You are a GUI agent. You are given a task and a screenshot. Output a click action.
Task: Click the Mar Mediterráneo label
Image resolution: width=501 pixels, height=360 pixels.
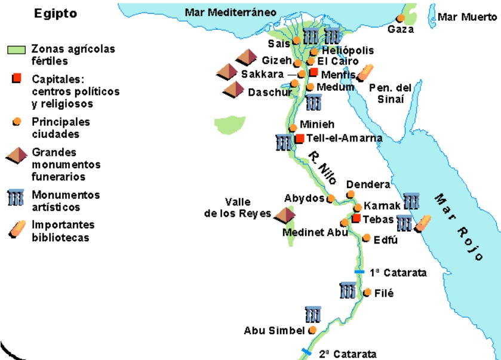click(230, 12)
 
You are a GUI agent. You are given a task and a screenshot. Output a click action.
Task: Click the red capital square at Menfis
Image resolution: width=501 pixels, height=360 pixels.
click(313, 72)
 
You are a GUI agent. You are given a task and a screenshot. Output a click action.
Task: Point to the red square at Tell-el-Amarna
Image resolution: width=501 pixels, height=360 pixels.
click(300, 139)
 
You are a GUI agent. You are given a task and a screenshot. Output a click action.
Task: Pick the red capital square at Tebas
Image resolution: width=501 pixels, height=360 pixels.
click(356, 219)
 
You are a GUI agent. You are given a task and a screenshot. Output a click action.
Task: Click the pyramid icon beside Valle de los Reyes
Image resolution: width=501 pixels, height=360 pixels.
click(285, 214)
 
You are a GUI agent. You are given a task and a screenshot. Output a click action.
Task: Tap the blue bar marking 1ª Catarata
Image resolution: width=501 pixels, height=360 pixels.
click(359, 272)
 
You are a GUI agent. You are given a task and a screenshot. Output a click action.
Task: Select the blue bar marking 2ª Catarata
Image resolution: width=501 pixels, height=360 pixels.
click(306, 352)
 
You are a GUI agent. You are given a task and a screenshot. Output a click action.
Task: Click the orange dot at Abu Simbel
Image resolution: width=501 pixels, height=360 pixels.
click(312, 330)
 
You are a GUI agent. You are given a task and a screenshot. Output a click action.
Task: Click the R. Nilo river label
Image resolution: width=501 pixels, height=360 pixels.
click(321, 167)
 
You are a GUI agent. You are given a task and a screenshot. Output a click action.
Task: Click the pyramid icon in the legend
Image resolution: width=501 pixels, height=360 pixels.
click(16, 157)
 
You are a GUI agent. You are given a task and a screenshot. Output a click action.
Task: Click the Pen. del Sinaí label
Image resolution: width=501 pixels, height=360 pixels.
click(391, 93)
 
